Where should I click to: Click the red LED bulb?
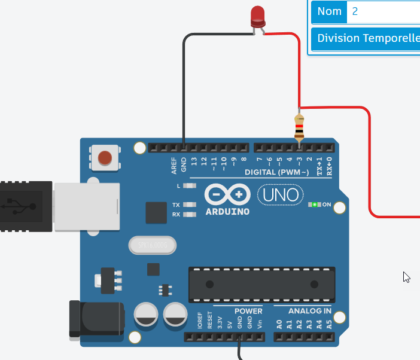pyautogui.click(x=257, y=16)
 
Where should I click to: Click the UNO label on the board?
pyautogui.click(x=281, y=195)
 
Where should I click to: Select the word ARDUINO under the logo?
pyautogui.click(x=227, y=211)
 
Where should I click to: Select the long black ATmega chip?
pyautogui.click(x=261, y=283)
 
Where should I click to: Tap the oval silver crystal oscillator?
pyautogui.click(x=153, y=245)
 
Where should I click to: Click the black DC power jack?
pyautogui.click(x=96, y=322)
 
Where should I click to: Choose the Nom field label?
pyautogui.click(x=329, y=11)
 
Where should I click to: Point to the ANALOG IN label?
pyautogui.click(x=309, y=311)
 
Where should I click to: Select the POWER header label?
pyautogui.click(x=248, y=311)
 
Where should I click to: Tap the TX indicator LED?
pyautogui.click(x=190, y=205)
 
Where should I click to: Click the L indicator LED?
pyautogui.click(x=190, y=186)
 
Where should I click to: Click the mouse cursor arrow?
pyautogui.click(x=406, y=277)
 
